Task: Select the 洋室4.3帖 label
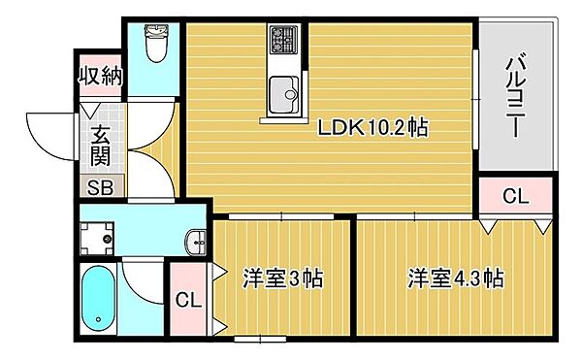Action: pyautogui.click(x=454, y=279)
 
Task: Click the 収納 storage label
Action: pyautogui.click(x=101, y=76)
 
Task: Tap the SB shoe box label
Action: pyautogui.click(x=100, y=188)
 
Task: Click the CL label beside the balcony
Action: pyautogui.click(x=515, y=196)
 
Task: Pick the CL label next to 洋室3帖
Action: pyautogui.click(x=188, y=300)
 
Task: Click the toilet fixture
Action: pyautogui.click(x=155, y=44)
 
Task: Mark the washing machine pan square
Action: pyautogui.click(x=99, y=239)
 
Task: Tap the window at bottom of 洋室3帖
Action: pyautogui.click(x=260, y=339)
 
